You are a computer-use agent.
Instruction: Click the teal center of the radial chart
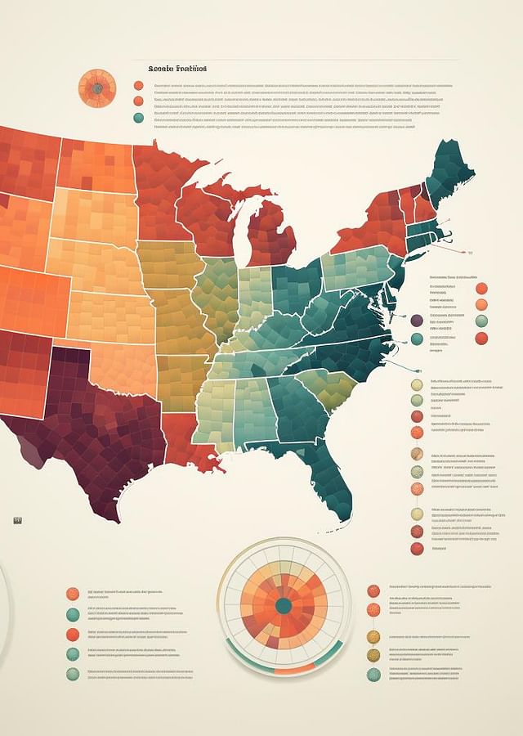(x=284, y=606)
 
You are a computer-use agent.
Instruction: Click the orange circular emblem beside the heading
(x=96, y=88)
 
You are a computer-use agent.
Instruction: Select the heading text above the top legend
(x=177, y=69)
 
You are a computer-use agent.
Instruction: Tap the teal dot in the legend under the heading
(x=137, y=118)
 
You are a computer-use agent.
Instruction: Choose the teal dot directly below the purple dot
(x=418, y=339)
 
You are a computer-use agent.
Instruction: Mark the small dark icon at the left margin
(x=18, y=519)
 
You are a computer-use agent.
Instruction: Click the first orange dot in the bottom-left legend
(x=73, y=595)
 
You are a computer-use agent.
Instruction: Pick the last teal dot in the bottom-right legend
(x=373, y=675)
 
